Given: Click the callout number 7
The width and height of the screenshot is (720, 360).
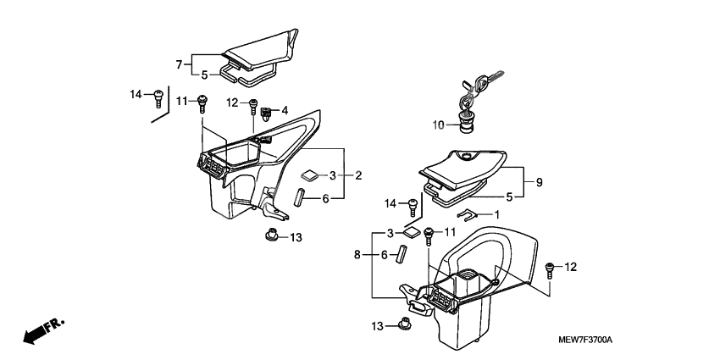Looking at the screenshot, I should (x=179, y=64).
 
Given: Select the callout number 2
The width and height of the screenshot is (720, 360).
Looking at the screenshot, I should (x=359, y=175).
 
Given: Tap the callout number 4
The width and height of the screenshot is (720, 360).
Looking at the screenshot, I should (x=285, y=110).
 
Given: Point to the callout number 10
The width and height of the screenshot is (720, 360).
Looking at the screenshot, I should (x=439, y=125).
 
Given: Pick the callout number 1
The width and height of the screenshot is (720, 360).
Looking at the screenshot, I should (x=497, y=214).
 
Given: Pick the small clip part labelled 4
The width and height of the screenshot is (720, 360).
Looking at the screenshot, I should (x=267, y=110).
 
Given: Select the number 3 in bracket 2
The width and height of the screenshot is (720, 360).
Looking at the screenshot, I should (x=333, y=175).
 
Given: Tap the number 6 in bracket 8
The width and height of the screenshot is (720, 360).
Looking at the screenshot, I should (x=384, y=254).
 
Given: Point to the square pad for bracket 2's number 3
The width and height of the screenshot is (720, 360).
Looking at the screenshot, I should (x=309, y=174).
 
